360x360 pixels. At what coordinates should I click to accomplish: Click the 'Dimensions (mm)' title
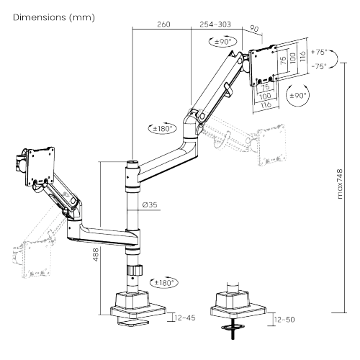54,17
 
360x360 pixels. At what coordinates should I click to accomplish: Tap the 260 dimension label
163,24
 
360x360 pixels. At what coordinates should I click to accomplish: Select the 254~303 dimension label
215,24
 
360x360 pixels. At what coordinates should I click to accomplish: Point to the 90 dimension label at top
254,29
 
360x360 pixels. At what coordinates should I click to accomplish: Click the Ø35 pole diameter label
150,204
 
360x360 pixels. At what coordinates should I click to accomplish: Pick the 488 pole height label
96,255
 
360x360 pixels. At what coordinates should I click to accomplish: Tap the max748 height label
340,184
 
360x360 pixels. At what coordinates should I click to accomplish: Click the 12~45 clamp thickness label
185,318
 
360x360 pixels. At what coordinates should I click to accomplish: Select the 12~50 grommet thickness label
284,320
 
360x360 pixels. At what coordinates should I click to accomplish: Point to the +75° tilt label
320,52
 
